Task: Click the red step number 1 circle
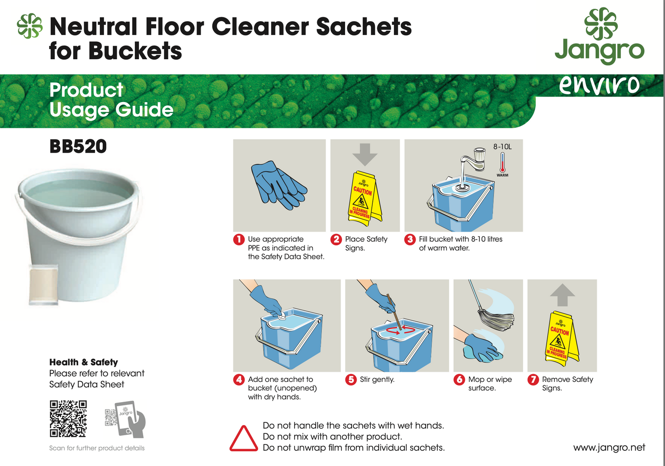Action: pos(238,239)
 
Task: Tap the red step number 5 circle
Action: pos(351,380)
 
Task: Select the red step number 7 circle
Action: pos(533,380)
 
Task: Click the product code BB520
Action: pos(78,147)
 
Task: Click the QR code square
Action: pos(68,418)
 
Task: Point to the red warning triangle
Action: pos(243,439)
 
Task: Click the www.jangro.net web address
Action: pos(609,447)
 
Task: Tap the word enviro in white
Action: pos(599,85)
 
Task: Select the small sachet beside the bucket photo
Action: pos(43,285)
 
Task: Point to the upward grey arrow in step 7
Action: pos(562,295)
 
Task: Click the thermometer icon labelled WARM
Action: pos(502,163)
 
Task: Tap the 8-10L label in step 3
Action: pos(502,147)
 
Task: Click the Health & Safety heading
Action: pos(83,362)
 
